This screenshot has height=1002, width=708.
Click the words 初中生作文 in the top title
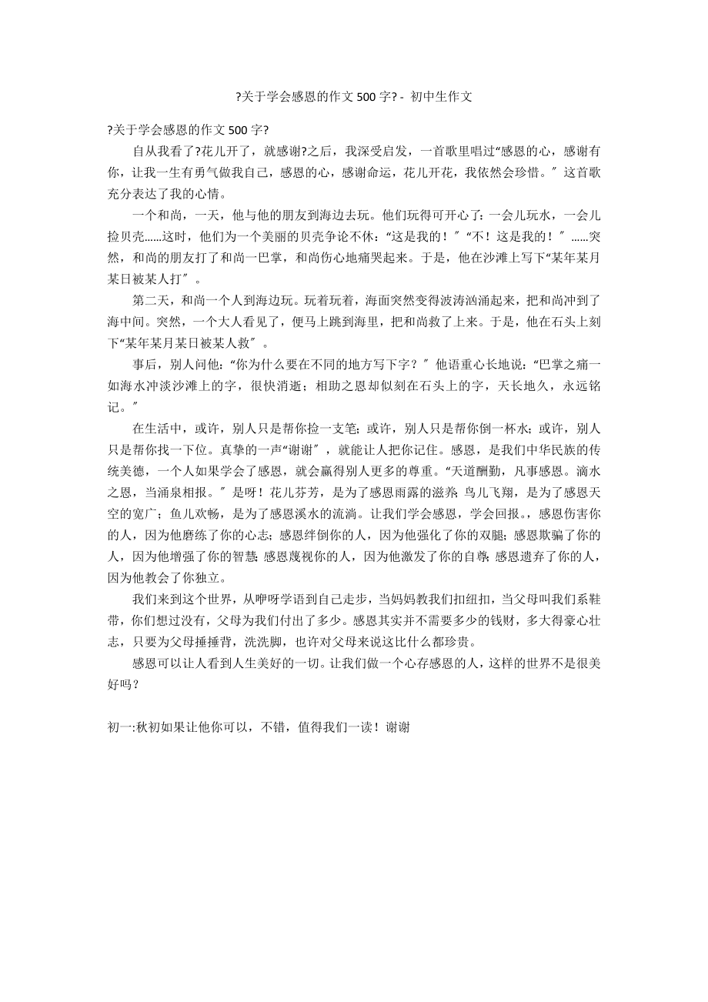click(441, 96)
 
